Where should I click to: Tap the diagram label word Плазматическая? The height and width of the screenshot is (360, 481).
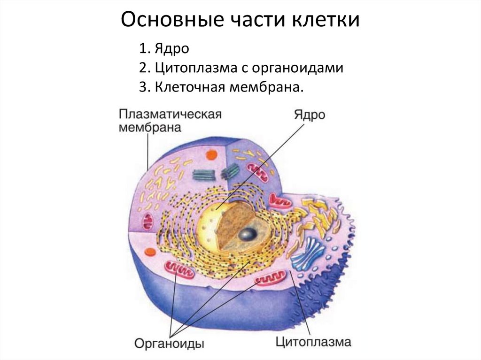(x=170, y=115)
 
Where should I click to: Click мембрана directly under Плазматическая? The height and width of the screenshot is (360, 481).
(x=150, y=128)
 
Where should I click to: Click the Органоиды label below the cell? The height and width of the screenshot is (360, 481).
(x=169, y=344)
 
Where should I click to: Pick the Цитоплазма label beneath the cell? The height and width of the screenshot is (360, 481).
(x=313, y=341)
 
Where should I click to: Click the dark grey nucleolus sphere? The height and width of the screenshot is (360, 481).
(x=247, y=233)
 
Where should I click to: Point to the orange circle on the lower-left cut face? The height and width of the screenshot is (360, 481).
(x=150, y=252)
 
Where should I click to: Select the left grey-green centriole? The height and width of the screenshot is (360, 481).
(x=203, y=174)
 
